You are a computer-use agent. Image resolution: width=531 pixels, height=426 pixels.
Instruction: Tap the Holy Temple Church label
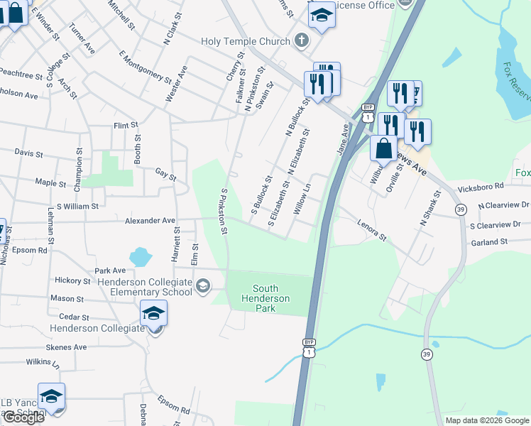point(246,41)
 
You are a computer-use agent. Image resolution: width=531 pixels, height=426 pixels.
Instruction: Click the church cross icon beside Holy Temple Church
point(301,40)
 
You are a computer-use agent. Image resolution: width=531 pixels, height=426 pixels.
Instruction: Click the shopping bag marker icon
point(383,149)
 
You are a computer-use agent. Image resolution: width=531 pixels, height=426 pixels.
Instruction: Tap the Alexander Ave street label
point(150,221)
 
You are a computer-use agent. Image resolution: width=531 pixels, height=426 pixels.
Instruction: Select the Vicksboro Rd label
point(481,187)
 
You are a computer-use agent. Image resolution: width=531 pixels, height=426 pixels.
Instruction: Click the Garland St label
point(489,242)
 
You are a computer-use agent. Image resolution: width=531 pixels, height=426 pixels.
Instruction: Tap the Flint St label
point(125,126)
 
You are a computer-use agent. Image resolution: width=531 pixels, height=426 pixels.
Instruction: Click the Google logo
point(23,417)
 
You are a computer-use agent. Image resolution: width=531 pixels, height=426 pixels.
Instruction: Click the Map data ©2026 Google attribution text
point(487,420)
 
